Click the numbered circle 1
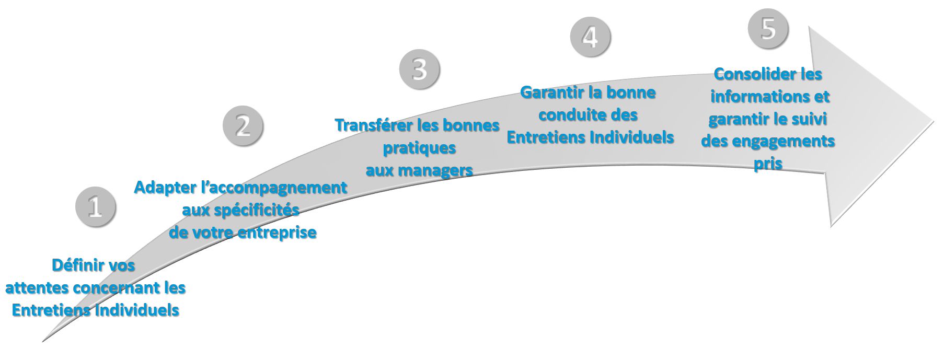[x=96, y=207]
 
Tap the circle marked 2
[x=243, y=126]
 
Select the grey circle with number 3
[x=420, y=69]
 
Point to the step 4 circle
[x=590, y=37]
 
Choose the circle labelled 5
[x=768, y=28]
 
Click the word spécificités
[x=257, y=210]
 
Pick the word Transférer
[x=374, y=125]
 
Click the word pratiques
[x=420, y=148]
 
